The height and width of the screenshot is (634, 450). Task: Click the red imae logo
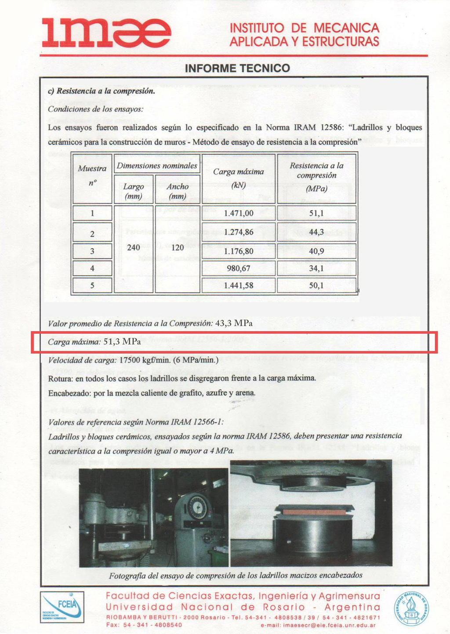pos(106,33)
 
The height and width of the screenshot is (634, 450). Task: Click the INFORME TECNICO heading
pos(237,68)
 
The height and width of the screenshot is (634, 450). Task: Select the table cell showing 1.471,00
pos(239,213)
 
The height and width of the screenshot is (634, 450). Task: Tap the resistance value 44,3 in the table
pos(316,232)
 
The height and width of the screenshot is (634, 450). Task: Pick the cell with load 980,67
pos(239,268)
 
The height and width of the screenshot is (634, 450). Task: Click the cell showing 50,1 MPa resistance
pos(316,285)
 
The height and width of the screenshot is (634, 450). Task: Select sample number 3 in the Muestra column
pos(92,251)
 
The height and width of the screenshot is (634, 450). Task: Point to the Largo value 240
pos(134,247)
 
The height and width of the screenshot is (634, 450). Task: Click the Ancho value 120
pos(178,247)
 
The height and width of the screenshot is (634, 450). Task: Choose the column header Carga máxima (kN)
pos(239,178)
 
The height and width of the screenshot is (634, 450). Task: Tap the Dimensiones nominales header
pos(157,166)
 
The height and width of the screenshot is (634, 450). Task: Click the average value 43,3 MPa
pos(234,323)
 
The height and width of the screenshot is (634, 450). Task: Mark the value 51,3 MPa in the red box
pos(122,341)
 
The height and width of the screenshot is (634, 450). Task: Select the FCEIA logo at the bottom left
pos(62,607)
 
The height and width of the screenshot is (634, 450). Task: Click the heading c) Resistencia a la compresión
pos(102,91)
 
